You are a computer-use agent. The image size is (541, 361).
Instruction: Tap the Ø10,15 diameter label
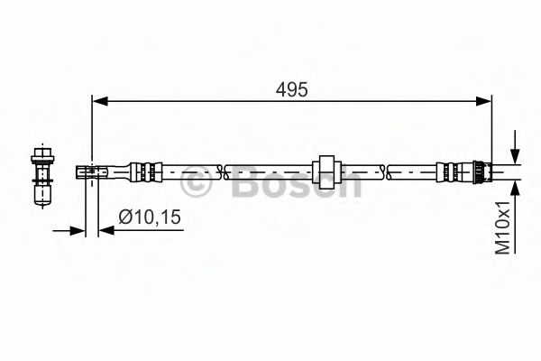coord(151,217)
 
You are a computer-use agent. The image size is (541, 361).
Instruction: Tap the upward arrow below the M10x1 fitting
coord(514,187)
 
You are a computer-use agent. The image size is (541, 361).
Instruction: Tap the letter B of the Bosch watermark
coord(237,183)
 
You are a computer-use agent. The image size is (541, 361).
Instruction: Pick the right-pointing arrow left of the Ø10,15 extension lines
coord(78,232)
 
